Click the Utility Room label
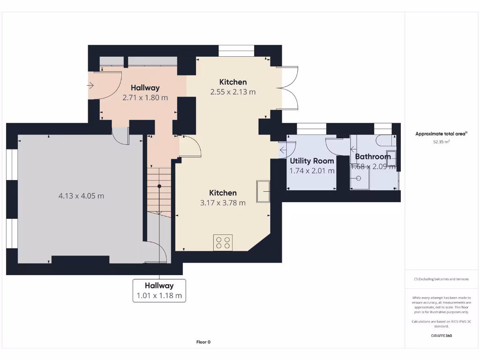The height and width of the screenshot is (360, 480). pyautogui.click(x=312, y=161)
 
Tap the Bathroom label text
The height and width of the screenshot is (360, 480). pyautogui.click(x=373, y=157)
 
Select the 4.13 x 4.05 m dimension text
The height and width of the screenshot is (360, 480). pyautogui.click(x=81, y=196)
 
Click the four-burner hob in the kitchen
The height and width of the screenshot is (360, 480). pyautogui.click(x=223, y=242)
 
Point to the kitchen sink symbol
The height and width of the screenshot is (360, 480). pyautogui.click(x=263, y=191)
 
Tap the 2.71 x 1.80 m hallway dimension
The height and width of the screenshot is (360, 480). pyautogui.click(x=145, y=97)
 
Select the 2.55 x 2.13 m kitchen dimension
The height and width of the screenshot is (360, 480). pyautogui.click(x=233, y=92)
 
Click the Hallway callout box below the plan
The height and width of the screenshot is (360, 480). pyautogui.click(x=159, y=291)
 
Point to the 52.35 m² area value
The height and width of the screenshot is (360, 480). pyautogui.click(x=441, y=141)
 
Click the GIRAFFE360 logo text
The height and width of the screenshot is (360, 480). pyautogui.click(x=441, y=336)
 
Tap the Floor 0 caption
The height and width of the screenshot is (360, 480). pyautogui.click(x=203, y=342)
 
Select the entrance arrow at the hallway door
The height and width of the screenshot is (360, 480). pyautogui.click(x=90, y=85)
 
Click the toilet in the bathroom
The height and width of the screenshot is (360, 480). pyautogui.click(x=385, y=140)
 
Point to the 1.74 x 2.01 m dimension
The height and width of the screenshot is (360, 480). pyautogui.click(x=312, y=171)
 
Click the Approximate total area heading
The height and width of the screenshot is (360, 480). pyautogui.click(x=441, y=134)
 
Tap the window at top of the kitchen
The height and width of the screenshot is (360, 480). pyautogui.click(x=237, y=50)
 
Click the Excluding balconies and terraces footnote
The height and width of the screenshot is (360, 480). pyautogui.click(x=441, y=279)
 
